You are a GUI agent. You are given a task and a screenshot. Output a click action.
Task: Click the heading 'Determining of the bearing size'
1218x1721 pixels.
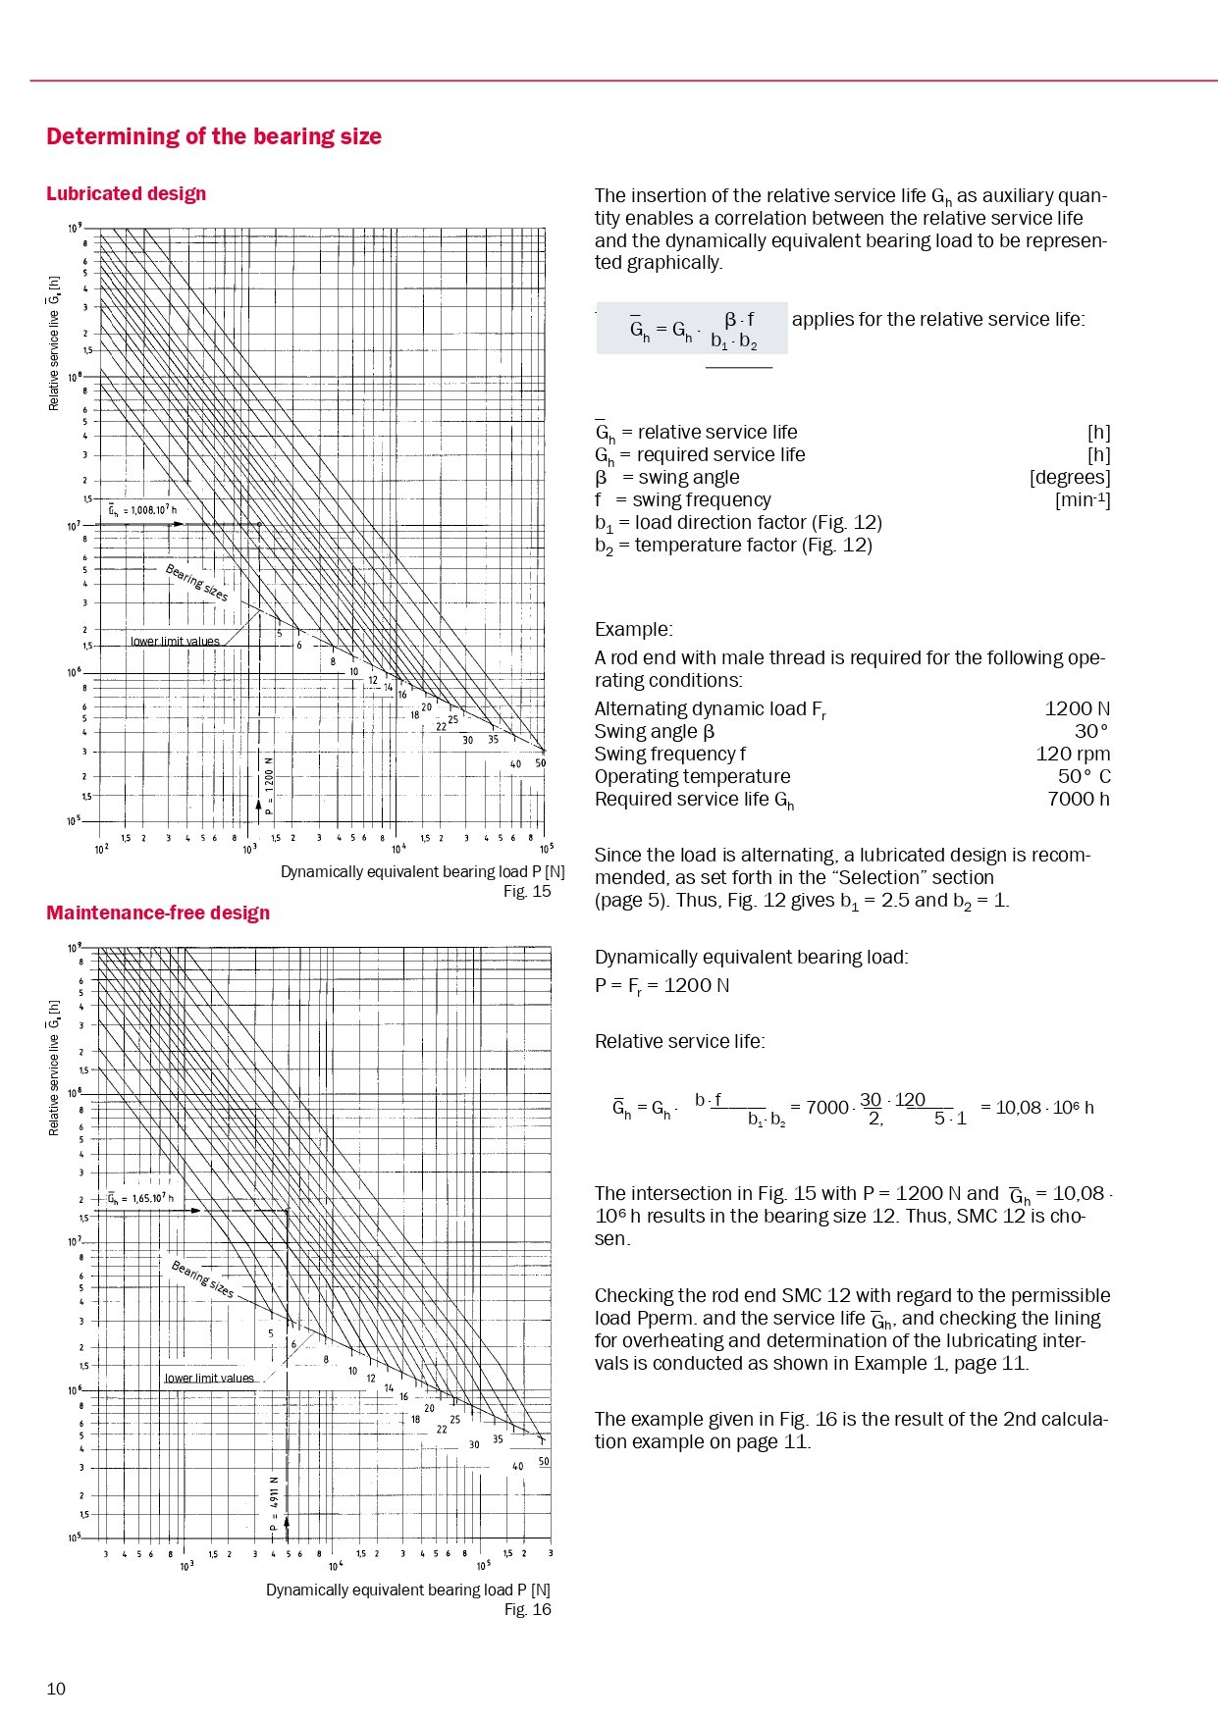click(x=214, y=136)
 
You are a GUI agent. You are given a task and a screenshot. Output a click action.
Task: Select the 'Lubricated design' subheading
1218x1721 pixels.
click(x=127, y=193)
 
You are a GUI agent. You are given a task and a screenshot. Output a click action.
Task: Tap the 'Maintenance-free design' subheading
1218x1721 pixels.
click(x=158, y=913)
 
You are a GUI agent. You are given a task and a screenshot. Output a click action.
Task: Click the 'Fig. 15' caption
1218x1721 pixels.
click(x=527, y=891)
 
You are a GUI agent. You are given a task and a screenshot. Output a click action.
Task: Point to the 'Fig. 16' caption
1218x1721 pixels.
click(x=527, y=1609)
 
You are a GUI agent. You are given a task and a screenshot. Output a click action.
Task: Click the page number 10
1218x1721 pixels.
click(x=56, y=1689)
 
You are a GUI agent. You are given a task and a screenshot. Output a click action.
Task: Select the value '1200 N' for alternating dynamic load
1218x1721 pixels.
click(x=1077, y=708)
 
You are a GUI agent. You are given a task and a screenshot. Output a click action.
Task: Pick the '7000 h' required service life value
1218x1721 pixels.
click(x=1078, y=799)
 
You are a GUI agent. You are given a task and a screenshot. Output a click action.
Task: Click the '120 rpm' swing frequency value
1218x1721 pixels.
click(x=1073, y=754)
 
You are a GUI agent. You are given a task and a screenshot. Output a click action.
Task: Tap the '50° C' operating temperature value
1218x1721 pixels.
click(x=1084, y=776)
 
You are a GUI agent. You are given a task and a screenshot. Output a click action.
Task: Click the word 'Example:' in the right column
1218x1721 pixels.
click(x=634, y=629)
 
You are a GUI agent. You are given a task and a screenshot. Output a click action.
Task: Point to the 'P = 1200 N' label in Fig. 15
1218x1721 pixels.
click(x=268, y=786)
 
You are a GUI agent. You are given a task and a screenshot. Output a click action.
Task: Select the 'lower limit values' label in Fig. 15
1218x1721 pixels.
click(x=175, y=642)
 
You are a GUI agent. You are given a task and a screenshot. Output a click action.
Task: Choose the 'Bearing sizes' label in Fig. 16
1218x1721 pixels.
click(x=203, y=1278)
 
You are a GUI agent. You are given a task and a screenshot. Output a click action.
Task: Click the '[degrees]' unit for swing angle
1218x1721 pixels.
click(x=1070, y=478)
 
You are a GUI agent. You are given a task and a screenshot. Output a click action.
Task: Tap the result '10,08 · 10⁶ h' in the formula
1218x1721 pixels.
click(x=1044, y=1108)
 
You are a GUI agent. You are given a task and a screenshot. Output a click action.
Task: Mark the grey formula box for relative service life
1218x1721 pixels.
click(x=692, y=328)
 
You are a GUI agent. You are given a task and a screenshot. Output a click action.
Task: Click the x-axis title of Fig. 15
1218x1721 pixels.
click(x=422, y=871)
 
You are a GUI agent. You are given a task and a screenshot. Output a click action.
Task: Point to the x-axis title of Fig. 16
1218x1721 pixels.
click(x=407, y=1590)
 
